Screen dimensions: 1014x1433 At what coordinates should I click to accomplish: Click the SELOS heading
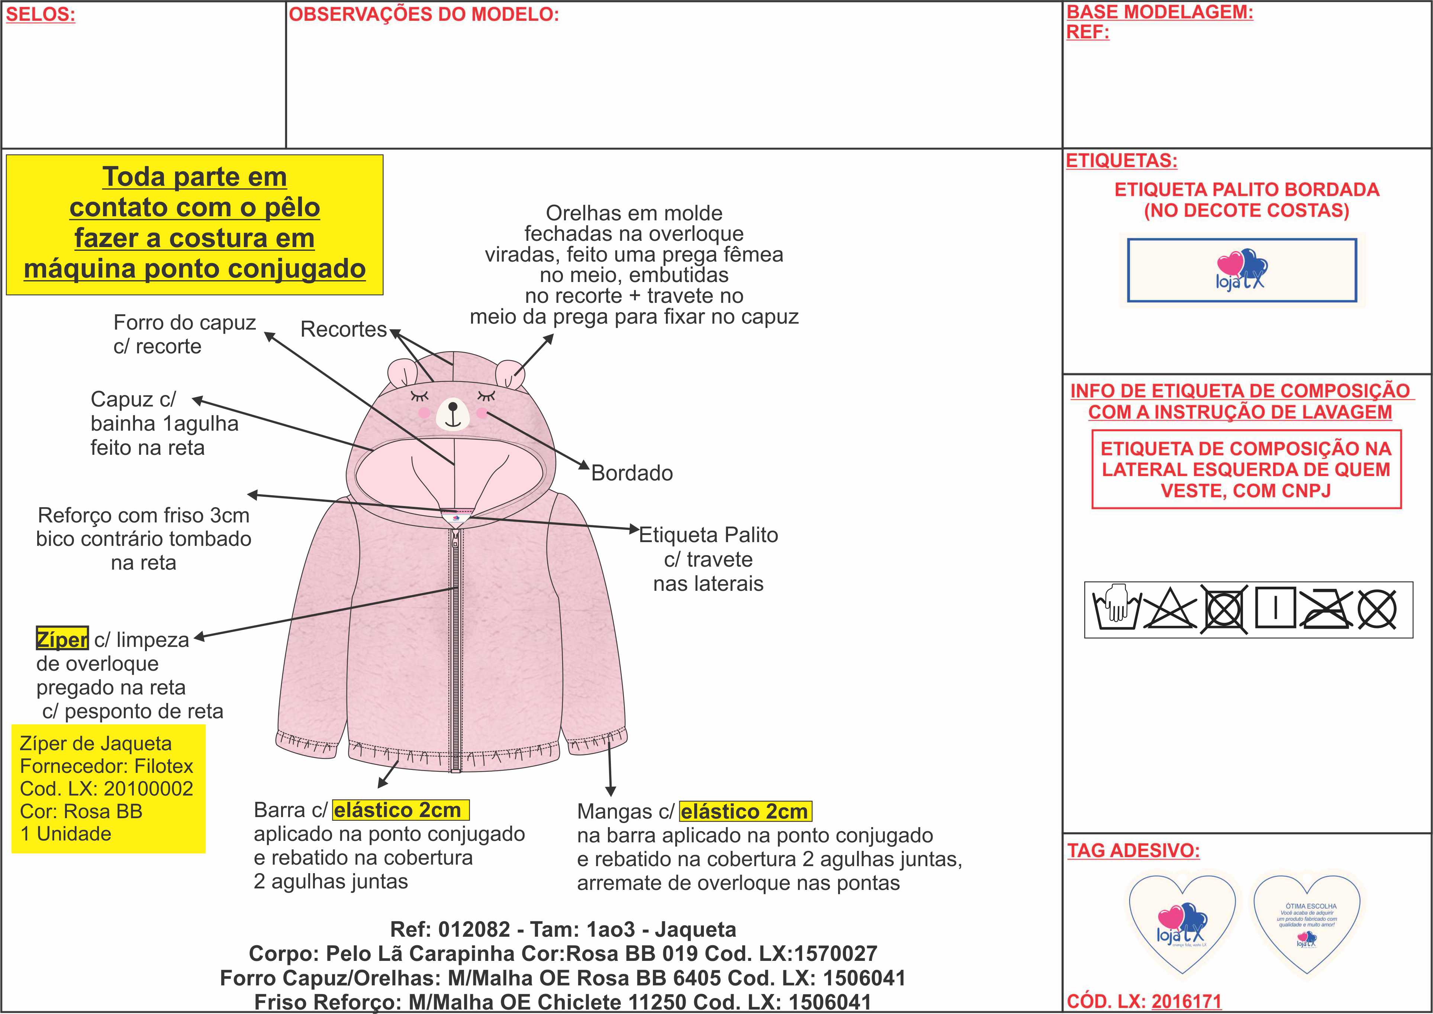click(41, 15)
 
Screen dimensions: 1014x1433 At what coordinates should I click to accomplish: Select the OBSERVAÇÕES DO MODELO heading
click(424, 15)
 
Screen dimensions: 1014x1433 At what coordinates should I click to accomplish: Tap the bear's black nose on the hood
click(453, 408)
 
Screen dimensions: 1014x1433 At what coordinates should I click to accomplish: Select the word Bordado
click(632, 473)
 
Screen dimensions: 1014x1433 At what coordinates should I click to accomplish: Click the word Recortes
click(344, 329)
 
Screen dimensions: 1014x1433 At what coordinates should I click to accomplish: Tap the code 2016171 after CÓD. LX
click(1186, 1001)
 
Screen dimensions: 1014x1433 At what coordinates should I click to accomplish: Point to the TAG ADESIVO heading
click(1133, 851)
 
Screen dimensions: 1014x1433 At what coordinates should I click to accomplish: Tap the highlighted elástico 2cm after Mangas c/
click(745, 812)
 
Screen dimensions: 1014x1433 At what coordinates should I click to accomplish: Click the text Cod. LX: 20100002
click(107, 788)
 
